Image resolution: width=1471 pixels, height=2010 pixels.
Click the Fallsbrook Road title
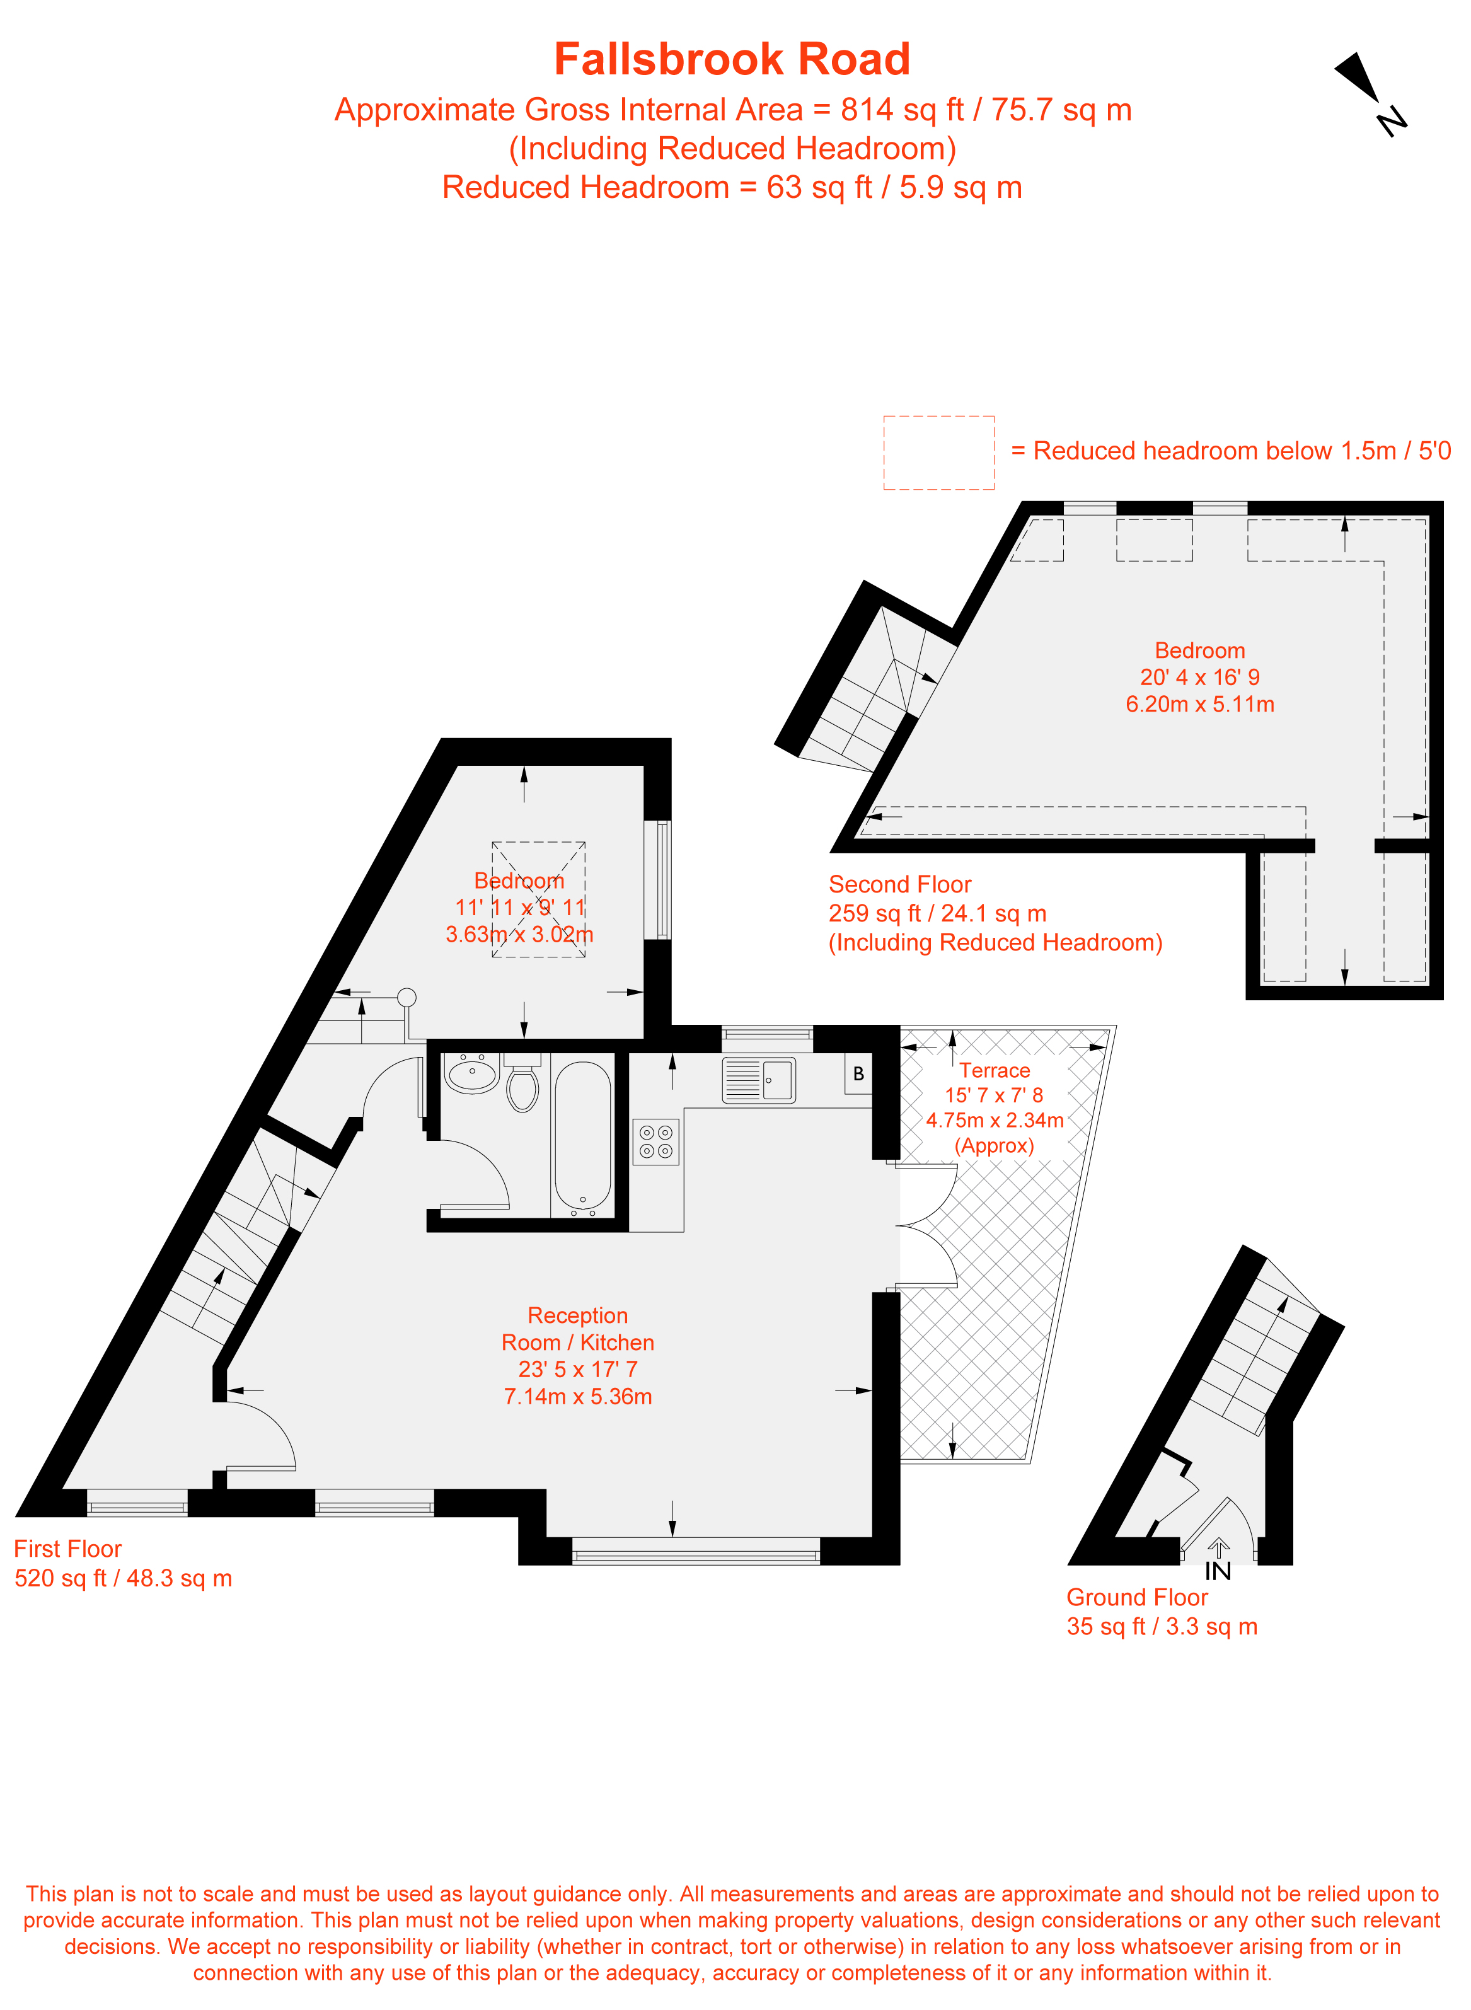(x=732, y=60)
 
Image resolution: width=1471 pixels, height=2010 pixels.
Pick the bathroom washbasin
(x=472, y=1073)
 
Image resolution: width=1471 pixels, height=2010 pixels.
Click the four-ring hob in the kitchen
(x=656, y=1141)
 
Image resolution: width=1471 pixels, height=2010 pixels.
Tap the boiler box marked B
(x=858, y=1074)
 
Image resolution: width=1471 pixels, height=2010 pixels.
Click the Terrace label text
(x=995, y=1070)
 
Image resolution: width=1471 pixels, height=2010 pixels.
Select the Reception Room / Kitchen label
(x=578, y=1329)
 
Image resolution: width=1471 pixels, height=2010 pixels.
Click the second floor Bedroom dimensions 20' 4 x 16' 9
(x=1199, y=677)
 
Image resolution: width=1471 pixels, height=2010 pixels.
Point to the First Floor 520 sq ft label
(x=123, y=1578)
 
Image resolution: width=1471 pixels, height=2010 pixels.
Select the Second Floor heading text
(x=899, y=884)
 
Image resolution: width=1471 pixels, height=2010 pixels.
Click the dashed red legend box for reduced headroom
(x=938, y=453)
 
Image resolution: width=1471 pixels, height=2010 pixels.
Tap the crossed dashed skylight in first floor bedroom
(x=539, y=899)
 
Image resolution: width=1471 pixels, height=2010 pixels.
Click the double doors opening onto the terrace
(x=926, y=1225)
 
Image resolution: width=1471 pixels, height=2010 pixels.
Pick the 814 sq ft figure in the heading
(x=902, y=110)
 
